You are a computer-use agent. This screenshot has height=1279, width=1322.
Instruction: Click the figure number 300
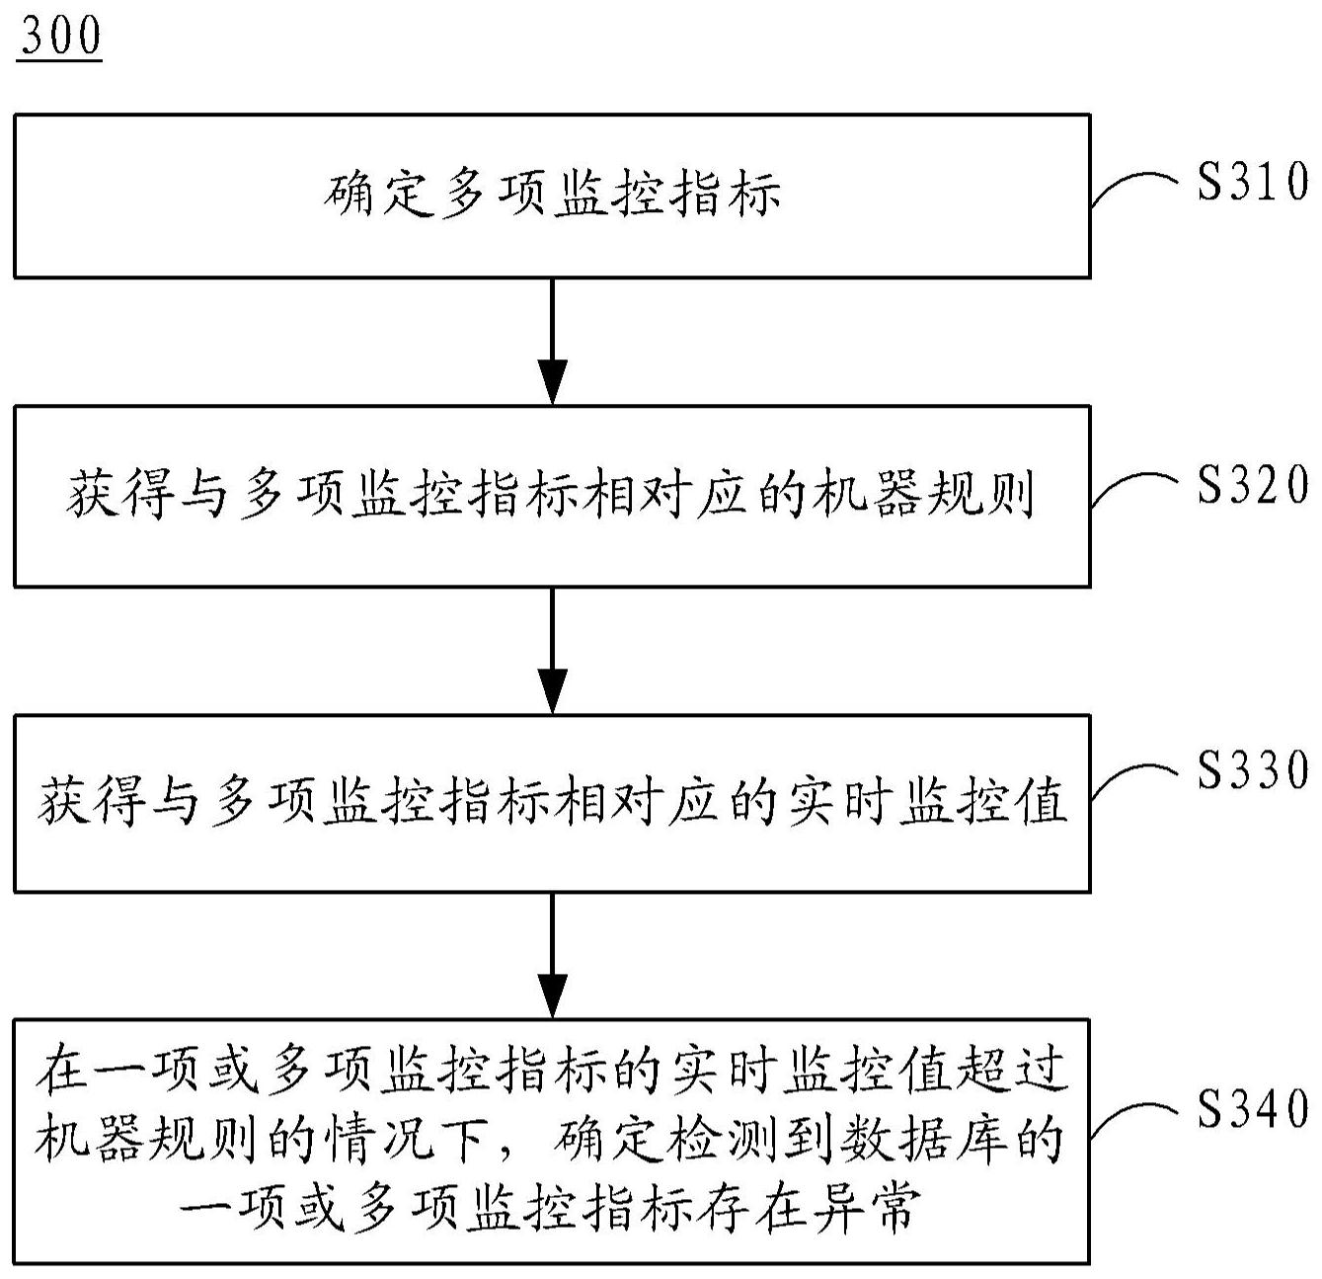coord(59,38)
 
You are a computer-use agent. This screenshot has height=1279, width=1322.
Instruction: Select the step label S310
coord(1252,182)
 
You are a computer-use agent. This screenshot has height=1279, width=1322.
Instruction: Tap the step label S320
coord(1252,485)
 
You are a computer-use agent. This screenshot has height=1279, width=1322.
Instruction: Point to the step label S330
coord(1252,769)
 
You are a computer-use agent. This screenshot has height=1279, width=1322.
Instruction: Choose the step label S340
coord(1252,1108)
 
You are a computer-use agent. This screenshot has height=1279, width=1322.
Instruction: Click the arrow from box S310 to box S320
coord(552,341)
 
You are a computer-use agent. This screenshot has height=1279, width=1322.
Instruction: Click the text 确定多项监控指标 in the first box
coord(552,194)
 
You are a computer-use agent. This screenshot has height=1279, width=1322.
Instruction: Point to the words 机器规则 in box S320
coord(922,494)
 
